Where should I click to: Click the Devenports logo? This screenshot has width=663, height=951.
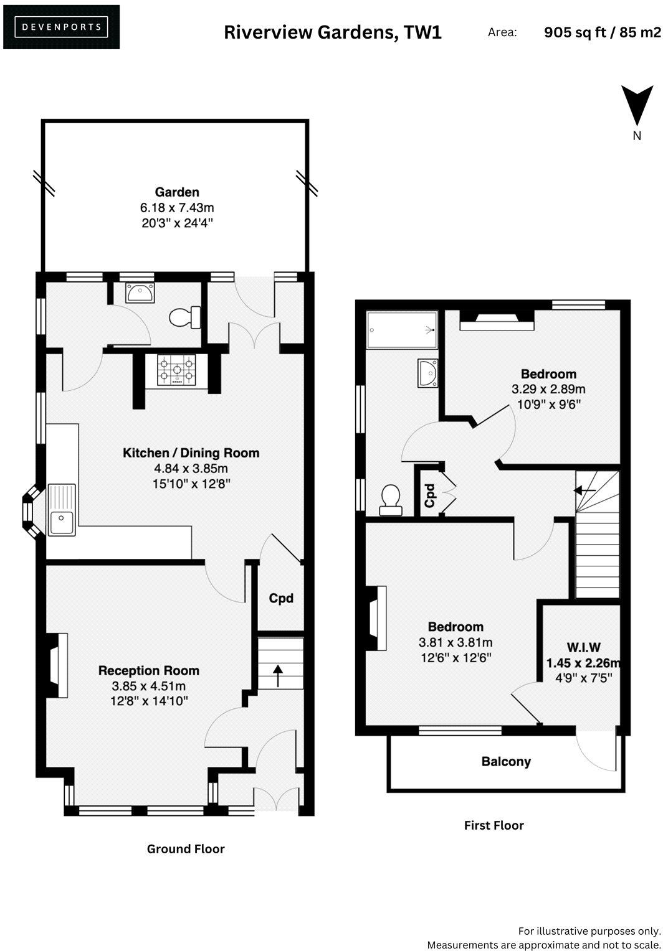[61, 27]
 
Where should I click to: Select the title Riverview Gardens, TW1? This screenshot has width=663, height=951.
[333, 32]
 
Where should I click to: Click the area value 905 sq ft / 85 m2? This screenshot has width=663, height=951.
[602, 32]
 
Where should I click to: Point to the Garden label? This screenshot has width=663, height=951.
[177, 192]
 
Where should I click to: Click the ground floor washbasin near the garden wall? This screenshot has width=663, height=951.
[140, 293]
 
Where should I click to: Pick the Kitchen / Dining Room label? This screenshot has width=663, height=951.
[191, 453]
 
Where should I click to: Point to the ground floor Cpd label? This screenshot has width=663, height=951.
[281, 598]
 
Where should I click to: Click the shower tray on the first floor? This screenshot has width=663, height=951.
[401, 329]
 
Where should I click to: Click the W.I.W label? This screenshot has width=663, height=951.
[583, 647]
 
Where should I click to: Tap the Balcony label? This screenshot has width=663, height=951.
[505, 761]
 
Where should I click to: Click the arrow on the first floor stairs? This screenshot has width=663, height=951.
[584, 490]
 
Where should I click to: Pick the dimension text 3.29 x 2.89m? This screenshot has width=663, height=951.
[548, 390]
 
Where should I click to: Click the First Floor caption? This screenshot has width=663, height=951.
[494, 825]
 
